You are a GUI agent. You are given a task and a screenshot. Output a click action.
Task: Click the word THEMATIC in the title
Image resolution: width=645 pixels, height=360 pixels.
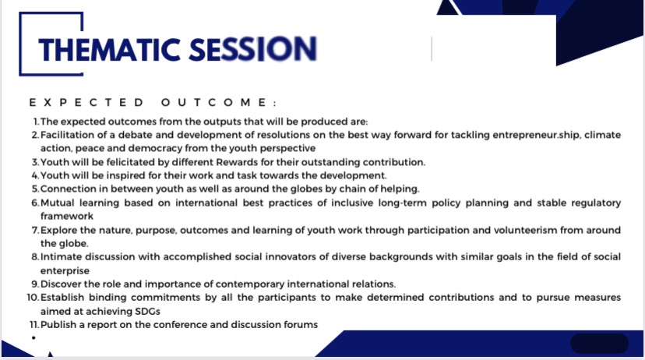(x=109, y=50)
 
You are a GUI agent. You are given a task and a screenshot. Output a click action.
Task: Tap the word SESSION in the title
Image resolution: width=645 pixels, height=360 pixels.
(x=253, y=49)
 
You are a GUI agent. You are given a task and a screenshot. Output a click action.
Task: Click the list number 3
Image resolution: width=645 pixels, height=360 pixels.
(x=35, y=162)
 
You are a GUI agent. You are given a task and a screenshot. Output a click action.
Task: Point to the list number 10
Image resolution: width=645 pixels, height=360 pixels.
(x=33, y=298)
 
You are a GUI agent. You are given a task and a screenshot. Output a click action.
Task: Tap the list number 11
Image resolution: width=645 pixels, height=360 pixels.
(x=34, y=325)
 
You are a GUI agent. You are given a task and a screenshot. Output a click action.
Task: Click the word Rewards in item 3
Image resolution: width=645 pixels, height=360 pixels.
(x=234, y=162)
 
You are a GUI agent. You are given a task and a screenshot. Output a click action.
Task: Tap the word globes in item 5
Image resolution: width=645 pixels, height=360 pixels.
(x=306, y=189)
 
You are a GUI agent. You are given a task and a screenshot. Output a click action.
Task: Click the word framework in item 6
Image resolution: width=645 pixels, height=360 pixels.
(x=67, y=216)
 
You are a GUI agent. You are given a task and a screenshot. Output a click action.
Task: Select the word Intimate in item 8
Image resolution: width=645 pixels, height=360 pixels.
(x=61, y=256)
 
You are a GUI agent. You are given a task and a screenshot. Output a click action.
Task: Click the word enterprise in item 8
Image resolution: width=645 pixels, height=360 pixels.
(x=65, y=271)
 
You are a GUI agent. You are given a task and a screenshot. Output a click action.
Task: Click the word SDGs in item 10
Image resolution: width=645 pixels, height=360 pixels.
(x=147, y=312)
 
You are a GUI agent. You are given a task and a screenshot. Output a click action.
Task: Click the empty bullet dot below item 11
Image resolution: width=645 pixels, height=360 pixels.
(x=33, y=337)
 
